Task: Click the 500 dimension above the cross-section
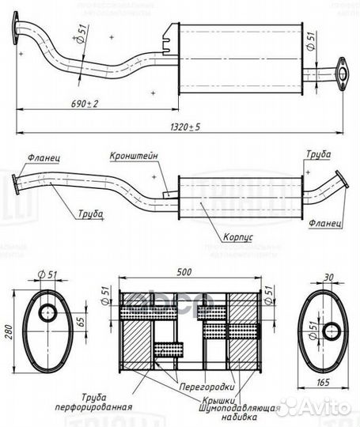point(184,273)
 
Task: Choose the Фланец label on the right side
point(326,224)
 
